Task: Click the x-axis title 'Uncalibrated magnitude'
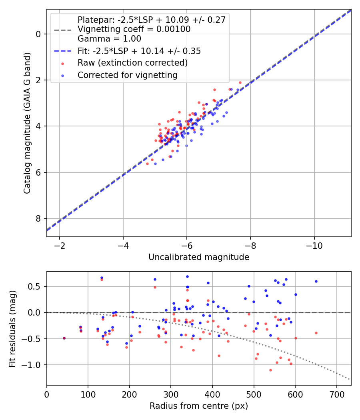pos(199,257)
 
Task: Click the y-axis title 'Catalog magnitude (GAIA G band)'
pos(27,123)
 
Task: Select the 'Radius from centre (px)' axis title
pos(199,406)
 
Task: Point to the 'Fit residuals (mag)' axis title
pos(12,329)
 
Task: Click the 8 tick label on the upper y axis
pos(38,218)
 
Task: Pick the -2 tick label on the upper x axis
pos(60,246)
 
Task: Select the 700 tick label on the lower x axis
pos(337,394)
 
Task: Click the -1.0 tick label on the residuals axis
pos(31,365)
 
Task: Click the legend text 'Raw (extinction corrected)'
pos(132,63)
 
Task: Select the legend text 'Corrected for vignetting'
pos(128,75)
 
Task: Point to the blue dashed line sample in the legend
pos(63,51)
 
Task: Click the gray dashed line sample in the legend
pos(63,30)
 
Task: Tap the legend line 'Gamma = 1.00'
pos(109,39)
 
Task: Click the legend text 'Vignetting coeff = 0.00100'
pos(134,29)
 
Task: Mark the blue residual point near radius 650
pos(316,282)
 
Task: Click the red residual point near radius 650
pos(316,333)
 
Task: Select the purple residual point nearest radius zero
pos(64,338)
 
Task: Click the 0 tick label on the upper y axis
pos(38,34)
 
